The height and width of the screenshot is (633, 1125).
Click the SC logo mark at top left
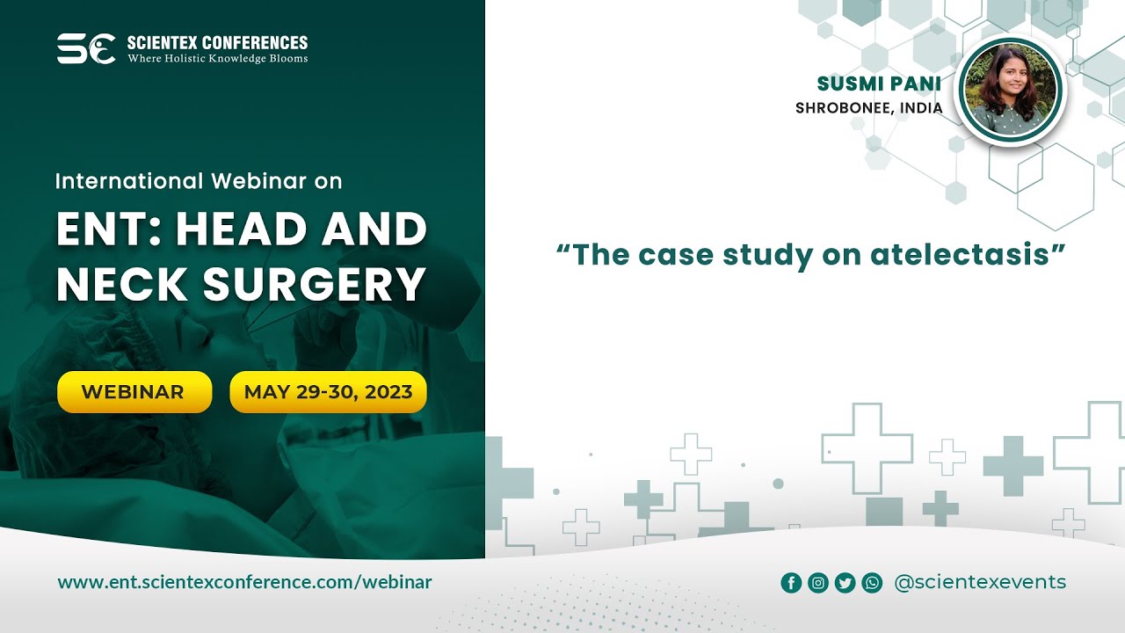pyautogui.click(x=85, y=48)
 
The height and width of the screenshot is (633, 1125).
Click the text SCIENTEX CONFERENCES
pyautogui.click(x=217, y=42)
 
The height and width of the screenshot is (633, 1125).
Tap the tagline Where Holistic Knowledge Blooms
pyautogui.click(x=217, y=59)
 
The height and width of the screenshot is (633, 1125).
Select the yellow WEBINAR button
pyautogui.click(x=134, y=392)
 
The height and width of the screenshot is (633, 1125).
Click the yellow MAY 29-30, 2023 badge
pyautogui.click(x=328, y=392)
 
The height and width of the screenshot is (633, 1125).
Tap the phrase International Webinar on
pyautogui.click(x=199, y=181)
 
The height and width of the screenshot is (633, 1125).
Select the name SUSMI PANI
pyautogui.click(x=879, y=84)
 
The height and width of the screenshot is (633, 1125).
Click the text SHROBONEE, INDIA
pyautogui.click(x=868, y=108)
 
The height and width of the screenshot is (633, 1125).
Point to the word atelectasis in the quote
pyautogui.click(x=961, y=255)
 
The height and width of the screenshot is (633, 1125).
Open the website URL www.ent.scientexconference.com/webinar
pyautogui.click(x=244, y=582)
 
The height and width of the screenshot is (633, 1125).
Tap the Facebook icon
pyautogui.click(x=791, y=583)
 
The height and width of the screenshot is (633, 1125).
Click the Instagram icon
pyautogui.click(x=818, y=583)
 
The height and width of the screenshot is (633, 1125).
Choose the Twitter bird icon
pyautogui.click(x=845, y=583)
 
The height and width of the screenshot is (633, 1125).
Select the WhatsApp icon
pyautogui.click(x=872, y=583)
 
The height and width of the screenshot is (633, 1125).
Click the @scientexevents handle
pyautogui.click(x=979, y=582)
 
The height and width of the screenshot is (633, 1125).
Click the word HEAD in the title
pyautogui.click(x=235, y=230)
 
